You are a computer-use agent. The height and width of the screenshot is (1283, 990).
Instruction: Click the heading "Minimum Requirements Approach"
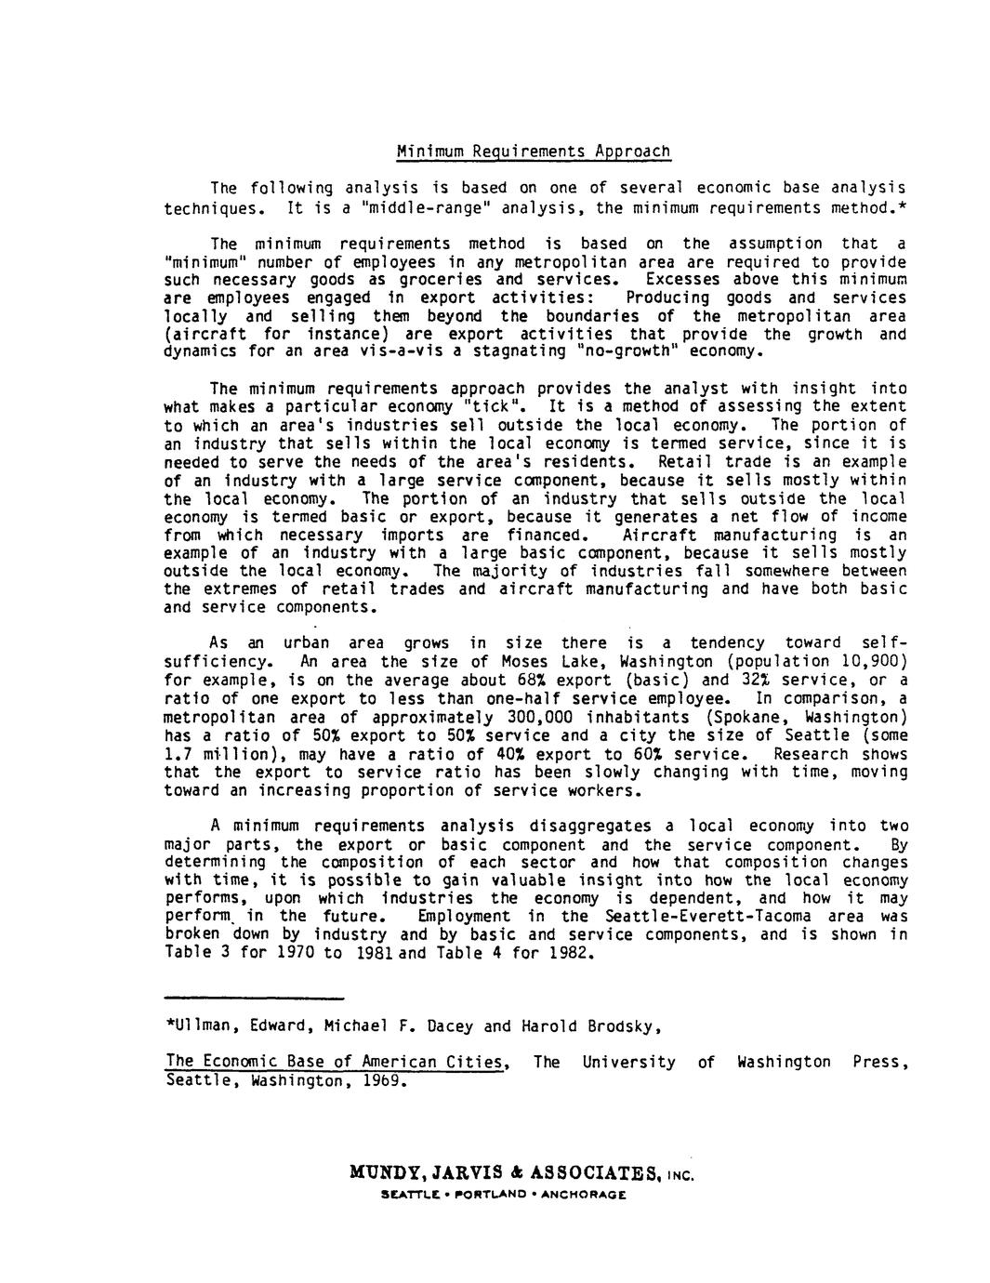533,151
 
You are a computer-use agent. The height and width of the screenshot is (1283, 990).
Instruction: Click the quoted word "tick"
496,407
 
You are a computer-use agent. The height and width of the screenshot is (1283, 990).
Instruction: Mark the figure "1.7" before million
178,754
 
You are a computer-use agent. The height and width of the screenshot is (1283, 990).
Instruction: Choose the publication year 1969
382,1081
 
